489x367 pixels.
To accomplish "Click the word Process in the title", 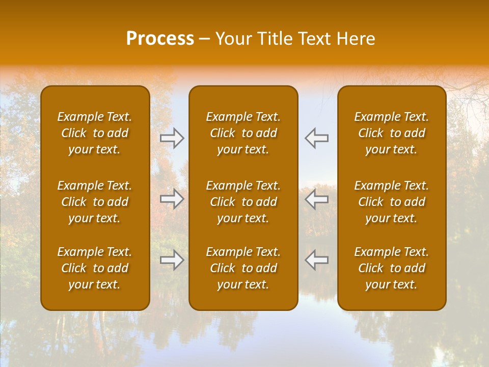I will pyautogui.click(x=160, y=39).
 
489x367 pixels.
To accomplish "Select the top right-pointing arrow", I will pyautogui.click(x=172, y=138).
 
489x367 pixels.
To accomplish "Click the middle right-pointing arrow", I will pyautogui.click(x=172, y=199).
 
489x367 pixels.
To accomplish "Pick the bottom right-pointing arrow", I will pyautogui.click(x=172, y=260).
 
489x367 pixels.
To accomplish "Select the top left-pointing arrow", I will pyautogui.click(x=316, y=138).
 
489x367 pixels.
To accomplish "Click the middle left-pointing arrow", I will pyautogui.click(x=316, y=199).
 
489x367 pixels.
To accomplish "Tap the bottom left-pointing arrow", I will pyautogui.click(x=316, y=260).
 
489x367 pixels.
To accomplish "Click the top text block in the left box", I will pyautogui.click(x=95, y=133).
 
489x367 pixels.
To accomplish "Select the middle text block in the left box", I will pyautogui.click(x=95, y=202).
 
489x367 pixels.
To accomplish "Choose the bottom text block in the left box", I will pyautogui.click(x=95, y=268).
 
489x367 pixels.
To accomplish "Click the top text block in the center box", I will pyautogui.click(x=243, y=133).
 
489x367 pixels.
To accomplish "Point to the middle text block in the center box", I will pyautogui.click(x=243, y=202).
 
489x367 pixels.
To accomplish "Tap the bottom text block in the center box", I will pyautogui.click(x=243, y=268).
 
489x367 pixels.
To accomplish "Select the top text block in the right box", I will pyautogui.click(x=392, y=133).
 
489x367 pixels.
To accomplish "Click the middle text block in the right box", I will pyautogui.click(x=392, y=202).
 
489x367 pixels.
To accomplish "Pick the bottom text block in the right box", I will pyautogui.click(x=392, y=268).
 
